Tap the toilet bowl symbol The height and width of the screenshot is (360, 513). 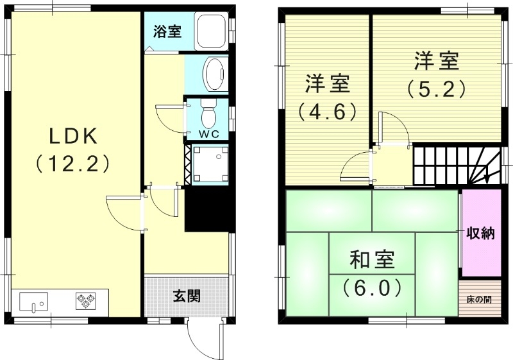(x=208, y=114)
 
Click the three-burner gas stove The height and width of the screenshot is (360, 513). (x=85, y=299)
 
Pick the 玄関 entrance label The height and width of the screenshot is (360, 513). (x=187, y=296)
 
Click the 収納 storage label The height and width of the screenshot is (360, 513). (x=480, y=233)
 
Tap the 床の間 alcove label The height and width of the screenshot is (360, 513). (x=480, y=299)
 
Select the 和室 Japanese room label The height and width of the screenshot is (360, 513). (x=372, y=261)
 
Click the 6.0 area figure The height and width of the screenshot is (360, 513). (x=372, y=286)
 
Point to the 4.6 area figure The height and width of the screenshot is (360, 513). (x=326, y=112)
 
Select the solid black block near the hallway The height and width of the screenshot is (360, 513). (x=207, y=210)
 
